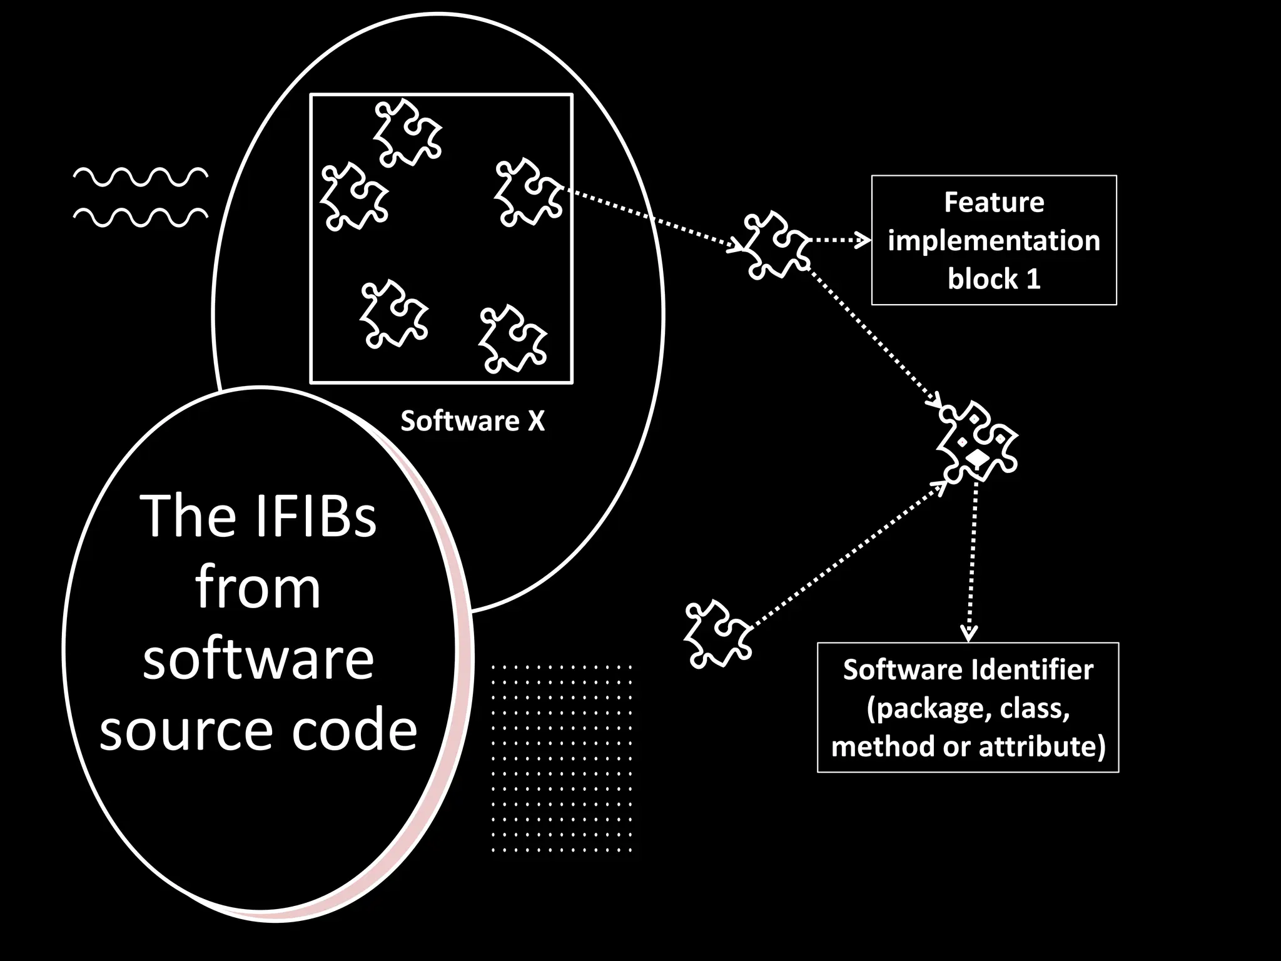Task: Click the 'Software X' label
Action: pos(472,421)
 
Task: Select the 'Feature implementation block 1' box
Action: pos(993,240)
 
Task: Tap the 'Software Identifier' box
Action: pos(968,708)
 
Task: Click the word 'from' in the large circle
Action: pos(258,587)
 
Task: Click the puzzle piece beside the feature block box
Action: pos(776,245)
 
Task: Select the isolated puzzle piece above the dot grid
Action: pos(717,633)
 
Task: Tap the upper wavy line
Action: pos(141,177)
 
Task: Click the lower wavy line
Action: pos(141,216)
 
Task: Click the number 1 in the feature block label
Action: pos(1033,278)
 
